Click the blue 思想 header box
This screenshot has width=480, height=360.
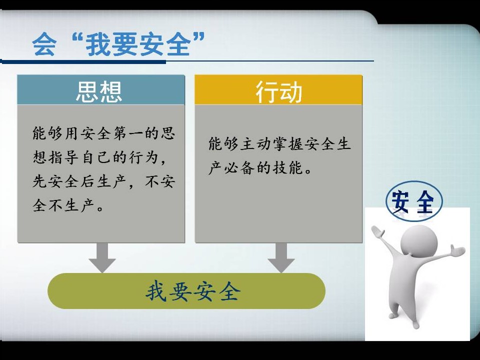(x=101, y=89)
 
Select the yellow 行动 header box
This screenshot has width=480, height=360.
(x=278, y=89)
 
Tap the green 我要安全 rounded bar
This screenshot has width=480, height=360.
(x=186, y=291)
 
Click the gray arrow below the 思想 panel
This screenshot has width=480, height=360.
(x=102, y=257)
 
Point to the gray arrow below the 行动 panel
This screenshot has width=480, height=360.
(x=281, y=257)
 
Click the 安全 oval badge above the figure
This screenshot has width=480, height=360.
(x=414, y=201)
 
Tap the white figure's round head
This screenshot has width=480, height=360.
(x=419, y=242)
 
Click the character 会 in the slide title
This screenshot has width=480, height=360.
(x=44, y=44)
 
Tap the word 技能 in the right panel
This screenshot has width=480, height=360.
(x=288, y=168)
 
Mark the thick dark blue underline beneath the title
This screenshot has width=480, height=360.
(x=83, y=62)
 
